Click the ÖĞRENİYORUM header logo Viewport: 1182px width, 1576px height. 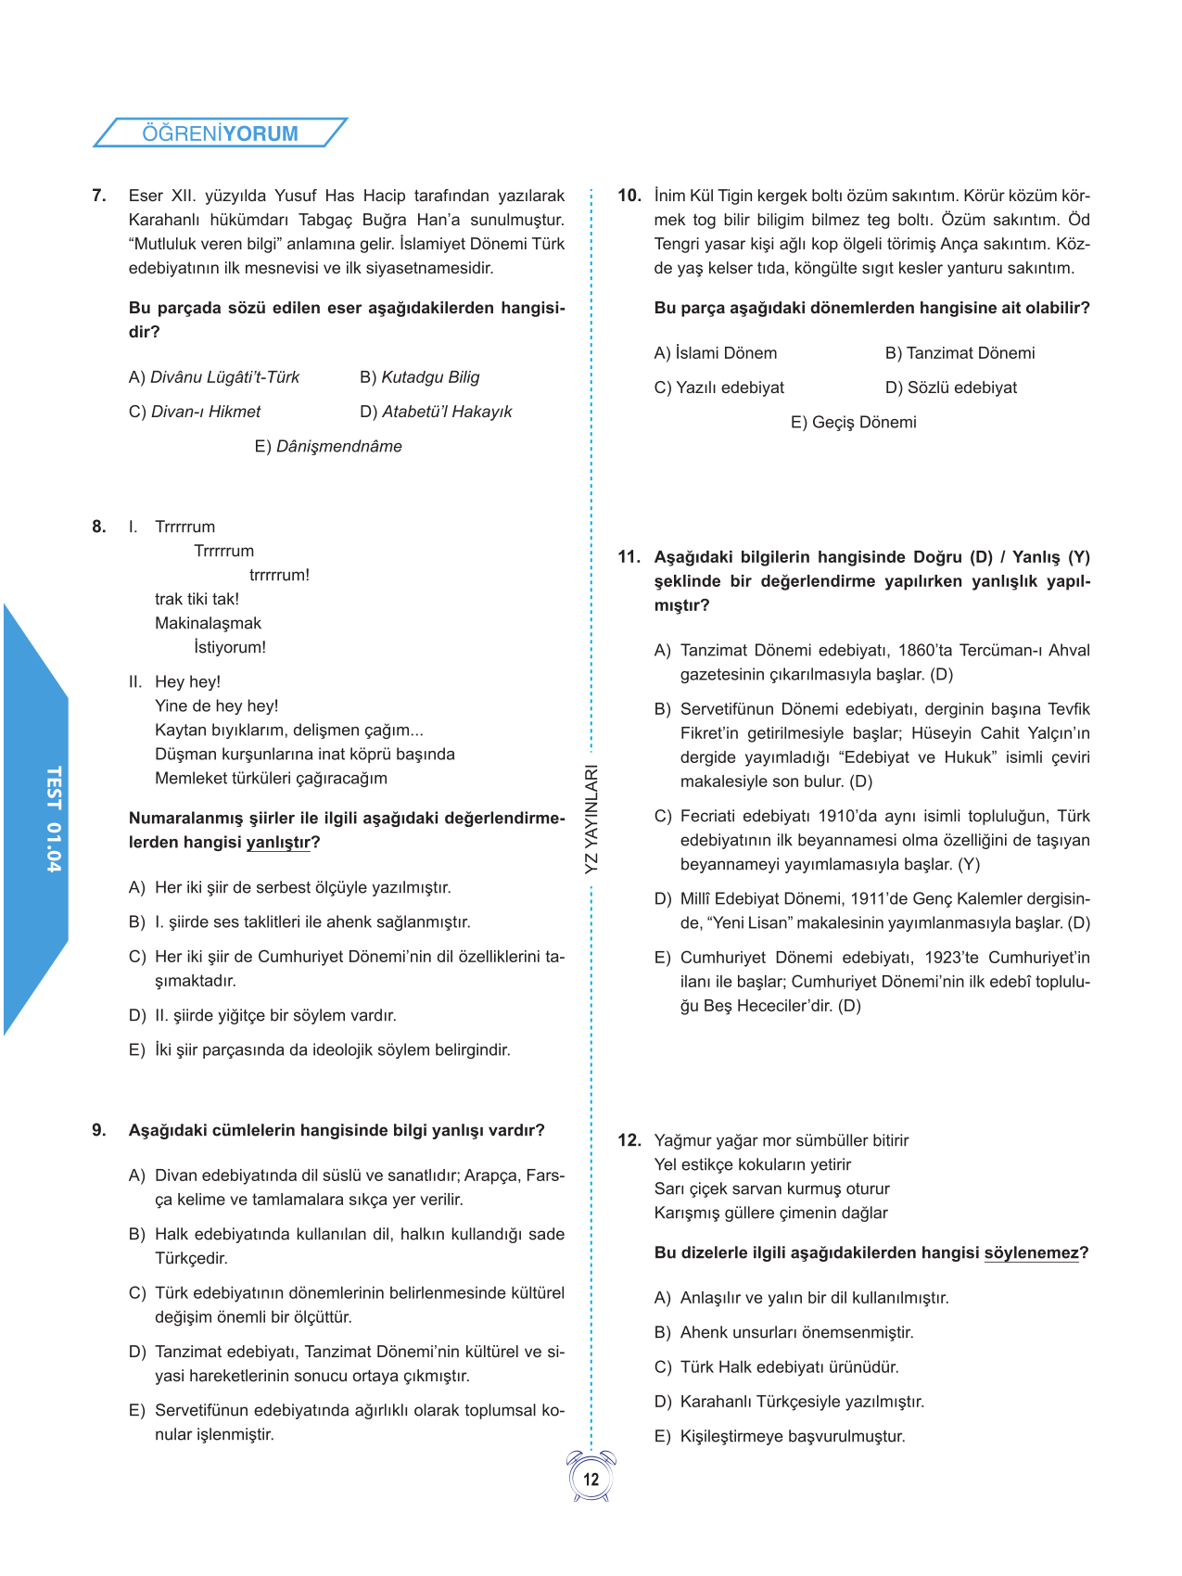pyautogui.click(x=220, y=133)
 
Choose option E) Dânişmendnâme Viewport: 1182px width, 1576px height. pyautogui.click(x=328, y=446)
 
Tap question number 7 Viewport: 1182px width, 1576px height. pyautogui.click(x=99, y=196)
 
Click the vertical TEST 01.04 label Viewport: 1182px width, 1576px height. pyautogui.click(x=54, y=819)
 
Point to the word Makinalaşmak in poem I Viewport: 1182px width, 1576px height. pyautogui.click(x=208, y=623)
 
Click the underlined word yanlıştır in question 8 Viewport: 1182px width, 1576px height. pyautogui.click(x=278, y=843)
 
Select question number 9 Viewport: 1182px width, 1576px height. pyautogui.click(x=99, y=1130)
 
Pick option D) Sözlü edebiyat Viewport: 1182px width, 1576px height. pyautogui.click(x=950, y=388)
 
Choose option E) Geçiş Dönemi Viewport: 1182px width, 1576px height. pyautogui.click(x=853, y=422)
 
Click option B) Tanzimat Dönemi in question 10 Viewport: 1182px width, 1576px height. pyautogui.click(x=960, y=353)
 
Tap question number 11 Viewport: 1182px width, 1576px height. pyautogui.click(x=629, y=557)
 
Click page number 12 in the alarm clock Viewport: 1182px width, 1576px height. pyautogui.click(x=591, y=1480)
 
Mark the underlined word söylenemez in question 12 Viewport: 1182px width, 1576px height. pyautogui.click(x=1031, y=1253)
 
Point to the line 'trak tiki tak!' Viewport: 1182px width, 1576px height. pyautogui.click(x=197, y=599)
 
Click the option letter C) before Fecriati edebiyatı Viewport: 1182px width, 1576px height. pyautogui.click(x=662, y=817)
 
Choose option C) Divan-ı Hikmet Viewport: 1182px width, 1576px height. pyautogui.click(x=195, y=412)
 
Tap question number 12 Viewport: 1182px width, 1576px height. pyautogui.click(x=629, y=1140)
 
